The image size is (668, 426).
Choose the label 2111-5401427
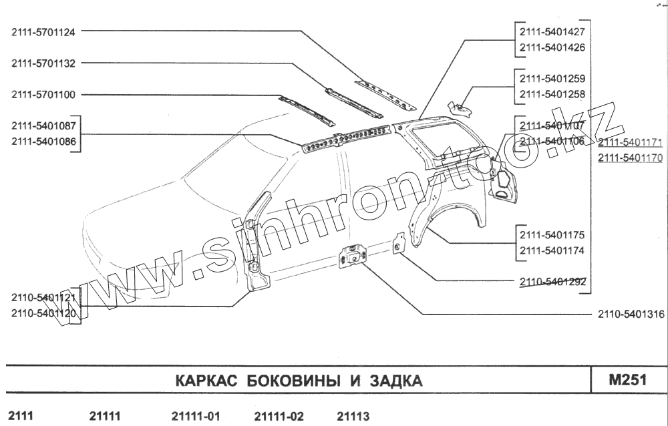pos(552,31)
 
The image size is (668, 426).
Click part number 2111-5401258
pos(552,94)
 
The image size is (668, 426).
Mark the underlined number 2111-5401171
pos(630,143)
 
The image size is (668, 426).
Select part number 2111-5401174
pos(552,251)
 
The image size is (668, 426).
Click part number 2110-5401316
pos(631,314)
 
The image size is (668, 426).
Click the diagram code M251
pos(627,380)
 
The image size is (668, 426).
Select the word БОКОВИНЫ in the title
pos(292,381)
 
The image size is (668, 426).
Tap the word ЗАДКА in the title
pos(397,381)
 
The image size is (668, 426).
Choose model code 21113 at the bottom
pos(353,416)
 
